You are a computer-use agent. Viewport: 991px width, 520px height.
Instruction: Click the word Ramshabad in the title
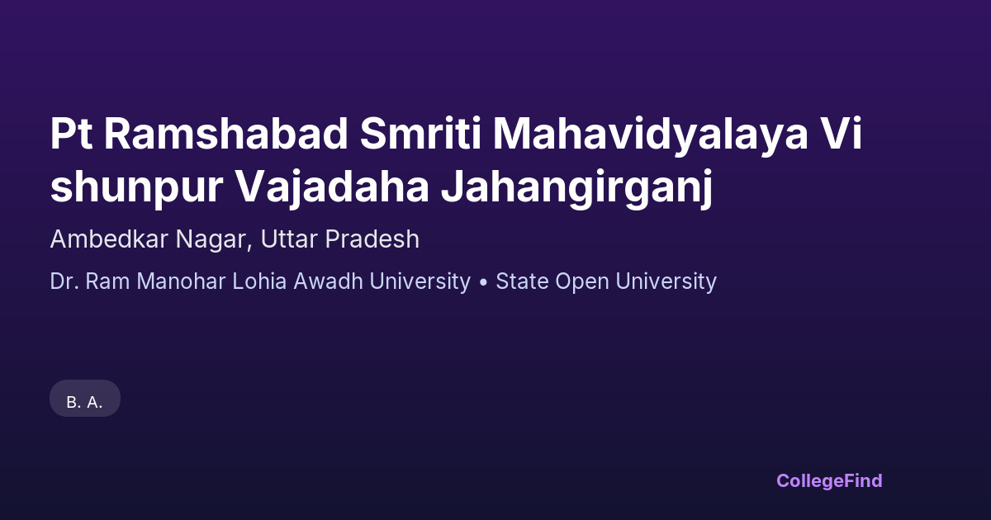click(226, 134)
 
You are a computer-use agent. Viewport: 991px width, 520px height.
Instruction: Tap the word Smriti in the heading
click(420, 134)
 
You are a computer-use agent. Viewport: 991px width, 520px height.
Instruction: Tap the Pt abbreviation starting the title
click(71, 134)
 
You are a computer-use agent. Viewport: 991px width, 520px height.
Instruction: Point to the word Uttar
click(289, 239)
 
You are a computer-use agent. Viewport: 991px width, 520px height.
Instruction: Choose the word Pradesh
click(372, 239)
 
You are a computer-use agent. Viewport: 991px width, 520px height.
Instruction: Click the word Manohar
click(181, 281)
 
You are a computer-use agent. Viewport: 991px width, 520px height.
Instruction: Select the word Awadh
click(329, 281)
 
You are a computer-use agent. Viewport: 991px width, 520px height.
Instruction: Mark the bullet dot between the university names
click(483, 282)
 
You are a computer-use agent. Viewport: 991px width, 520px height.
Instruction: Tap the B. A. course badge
click(85, 399)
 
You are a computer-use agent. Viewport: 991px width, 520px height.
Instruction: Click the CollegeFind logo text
click(829, 481)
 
